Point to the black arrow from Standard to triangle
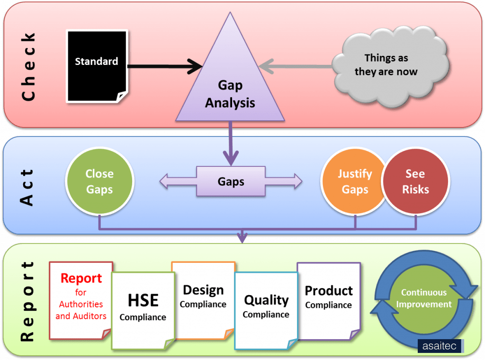pyautogui.click(x=161, y=66)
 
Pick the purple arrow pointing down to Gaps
pyautogui.click(x=231, y=142)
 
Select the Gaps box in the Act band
pyautogui.click(x=231, y=181)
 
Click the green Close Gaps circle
pyautogui.click(x=99, y=181)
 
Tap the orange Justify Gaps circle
pyautogui.click(x=353, y=181)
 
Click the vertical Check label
pyautogui.click(x=28, y=66)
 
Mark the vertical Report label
pyautogui.click(x=28, y=301)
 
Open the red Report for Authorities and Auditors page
pyautogui.click(x=81, y=298)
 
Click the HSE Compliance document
pyautogui.click(x=143, y=308)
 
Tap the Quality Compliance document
pyautogui.click(x=266, y=308)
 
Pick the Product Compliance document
pyautogui.click(x=329, y=298)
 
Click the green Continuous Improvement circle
pyautogui.click(x=424, y=298)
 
